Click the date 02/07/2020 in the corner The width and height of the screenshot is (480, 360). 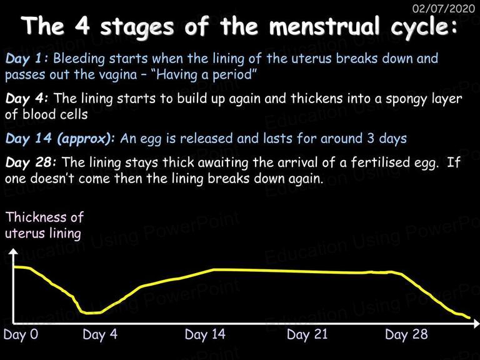point(444,8)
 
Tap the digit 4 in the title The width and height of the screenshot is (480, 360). point(82,26)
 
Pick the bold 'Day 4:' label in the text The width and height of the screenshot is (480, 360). point(26,99)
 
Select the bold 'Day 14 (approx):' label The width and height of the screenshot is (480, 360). point(60,139)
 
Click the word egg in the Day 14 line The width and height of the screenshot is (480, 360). point(151,139)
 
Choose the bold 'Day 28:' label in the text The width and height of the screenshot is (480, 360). point(31,162)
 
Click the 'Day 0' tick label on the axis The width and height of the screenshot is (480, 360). point(21,334)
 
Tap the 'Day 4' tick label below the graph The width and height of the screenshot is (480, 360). point(100,334)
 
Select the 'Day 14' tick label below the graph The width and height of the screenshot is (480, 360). point(205,334)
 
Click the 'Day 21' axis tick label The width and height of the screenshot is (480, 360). point(307,334)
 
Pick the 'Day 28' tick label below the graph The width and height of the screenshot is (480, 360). point(406,334)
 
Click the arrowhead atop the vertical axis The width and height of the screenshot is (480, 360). point(13,251)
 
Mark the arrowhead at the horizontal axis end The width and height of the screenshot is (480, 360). point(476,323)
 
